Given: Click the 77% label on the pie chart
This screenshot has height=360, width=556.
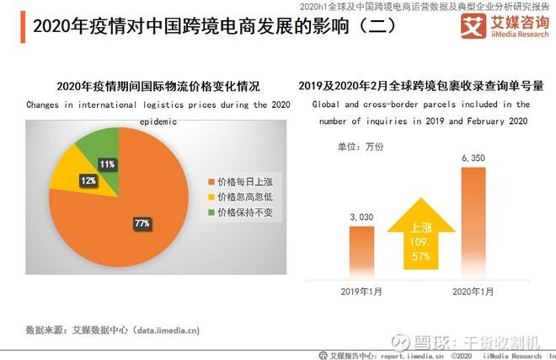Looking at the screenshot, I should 141,223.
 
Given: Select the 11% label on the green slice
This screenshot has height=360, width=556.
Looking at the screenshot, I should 107,164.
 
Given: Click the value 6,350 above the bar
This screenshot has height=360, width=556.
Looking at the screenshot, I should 473,158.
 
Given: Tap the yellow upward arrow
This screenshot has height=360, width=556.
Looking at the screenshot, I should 418,236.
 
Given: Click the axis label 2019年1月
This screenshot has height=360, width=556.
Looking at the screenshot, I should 361,291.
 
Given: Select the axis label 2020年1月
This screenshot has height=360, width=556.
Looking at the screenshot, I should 473,291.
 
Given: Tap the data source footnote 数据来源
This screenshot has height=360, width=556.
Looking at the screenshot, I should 113,330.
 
